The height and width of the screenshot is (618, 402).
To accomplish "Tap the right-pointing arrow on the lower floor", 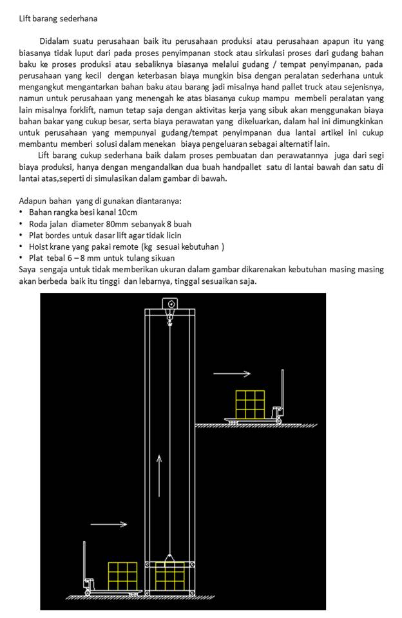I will tap(108, 524).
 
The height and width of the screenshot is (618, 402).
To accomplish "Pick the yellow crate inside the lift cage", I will tap(170, 576).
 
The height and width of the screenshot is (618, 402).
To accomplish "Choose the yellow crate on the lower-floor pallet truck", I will tap(122, 576).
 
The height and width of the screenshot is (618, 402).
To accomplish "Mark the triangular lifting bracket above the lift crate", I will tap(169, 557).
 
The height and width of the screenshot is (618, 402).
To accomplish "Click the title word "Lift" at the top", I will tap(26, 19).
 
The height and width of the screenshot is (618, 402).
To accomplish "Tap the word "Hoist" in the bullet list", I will tap(40, 247).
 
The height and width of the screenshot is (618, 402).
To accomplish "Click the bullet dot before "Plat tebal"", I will tap(22, 258).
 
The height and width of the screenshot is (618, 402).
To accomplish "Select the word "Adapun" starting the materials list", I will tap(33, 200).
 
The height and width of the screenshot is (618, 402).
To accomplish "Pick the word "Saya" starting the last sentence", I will tap(28, 270).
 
